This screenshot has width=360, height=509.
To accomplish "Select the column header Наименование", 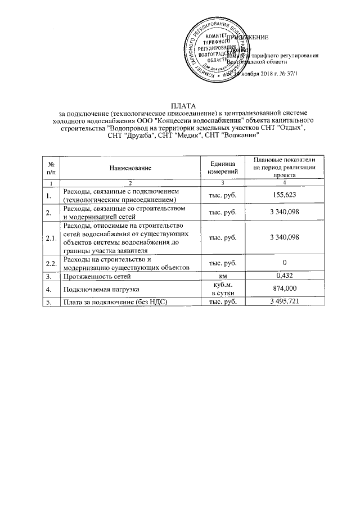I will pos(130,168).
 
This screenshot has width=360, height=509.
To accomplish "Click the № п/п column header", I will pos(52,168).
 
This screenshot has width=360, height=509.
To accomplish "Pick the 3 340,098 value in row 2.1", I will pos(285,237).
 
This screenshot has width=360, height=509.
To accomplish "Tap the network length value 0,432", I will pos(285,276).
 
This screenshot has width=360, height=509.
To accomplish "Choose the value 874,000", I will pos(285,288).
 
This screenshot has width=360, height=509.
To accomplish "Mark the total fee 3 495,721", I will pos(285,302).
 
